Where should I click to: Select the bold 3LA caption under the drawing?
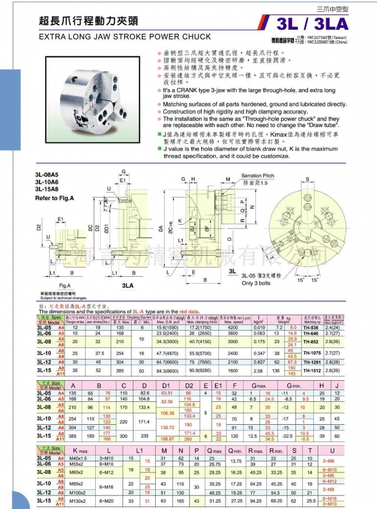point(128,286)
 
